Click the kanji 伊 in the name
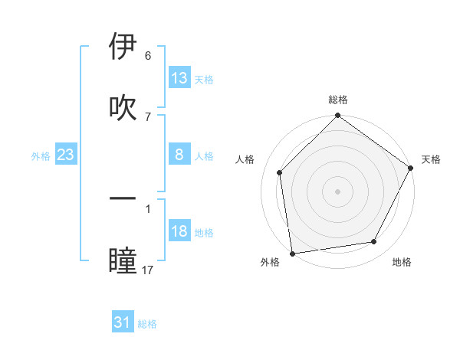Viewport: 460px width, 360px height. pyautogui.click(x=123, y=47)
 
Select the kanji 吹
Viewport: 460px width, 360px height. pyautogui.click(x=123, y=108)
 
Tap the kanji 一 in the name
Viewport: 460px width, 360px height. pyautogui.click(x=123, y=199)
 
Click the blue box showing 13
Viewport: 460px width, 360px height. pyautogui.click(x=179, y=78)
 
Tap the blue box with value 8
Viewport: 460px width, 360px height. pyautogui.click(x=179, y=155)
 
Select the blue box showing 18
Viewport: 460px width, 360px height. pyautogui.click(x=179, y=231)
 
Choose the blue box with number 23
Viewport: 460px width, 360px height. pyautogui.click(x=66, y=155)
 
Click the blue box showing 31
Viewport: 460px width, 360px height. pyautogui.click(x=123, y=322)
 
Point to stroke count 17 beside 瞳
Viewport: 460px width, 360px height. pyautogui.click(x=148, y=270)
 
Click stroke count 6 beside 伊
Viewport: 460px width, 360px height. pyautogui.click(x=148, y=56)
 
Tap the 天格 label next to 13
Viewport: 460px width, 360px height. pyautogui.click(x=204, y=79)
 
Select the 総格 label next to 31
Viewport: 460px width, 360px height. pyautogui.click(x=147, y=324)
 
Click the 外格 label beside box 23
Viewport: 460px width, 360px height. pyautogui.click(x=41, y=156)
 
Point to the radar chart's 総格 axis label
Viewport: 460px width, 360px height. pyautogui.click(x=338, y=100)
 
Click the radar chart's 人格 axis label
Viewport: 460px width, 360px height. pyautogui.click(x=245, y=159)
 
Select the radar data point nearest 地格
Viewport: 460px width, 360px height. pyautogui.click(x=374, y=241)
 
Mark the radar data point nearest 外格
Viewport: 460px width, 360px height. pyautogui.click(x=292, y=253)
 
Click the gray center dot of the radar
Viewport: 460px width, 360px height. pyautogui.click(x=337, y=191)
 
